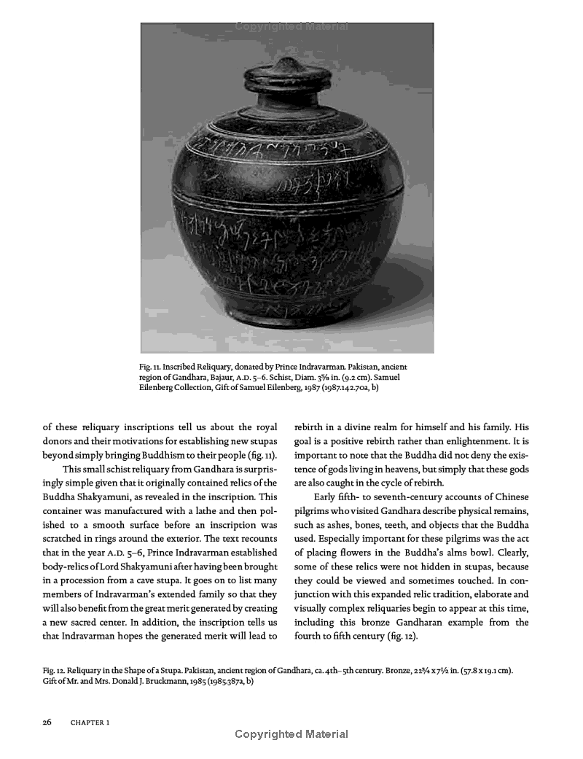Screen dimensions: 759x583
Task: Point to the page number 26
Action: (x=47, y=723)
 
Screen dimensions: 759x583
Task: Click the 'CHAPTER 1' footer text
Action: (x=90, y=723)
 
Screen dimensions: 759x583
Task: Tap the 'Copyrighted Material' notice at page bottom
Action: (x=291, y=734)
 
